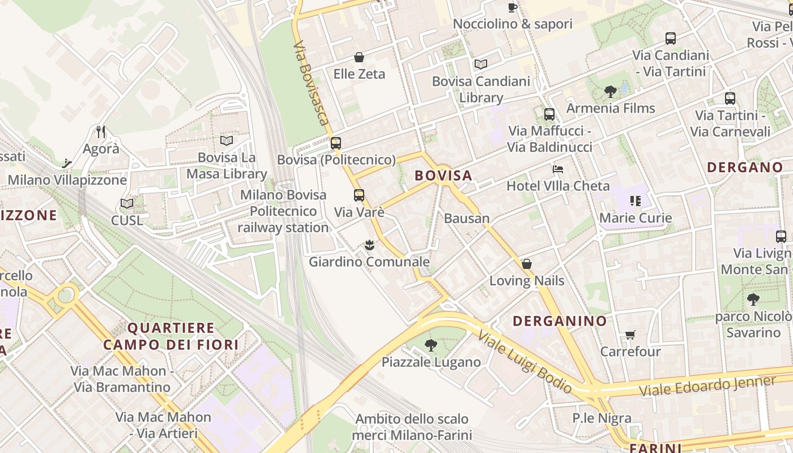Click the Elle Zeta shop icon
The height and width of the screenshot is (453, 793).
pos(359,57)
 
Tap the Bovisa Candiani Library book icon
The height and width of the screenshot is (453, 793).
pos(481,65)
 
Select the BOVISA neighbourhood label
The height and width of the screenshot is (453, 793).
pos(444,176)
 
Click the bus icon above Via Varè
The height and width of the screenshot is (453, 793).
pos(359,196)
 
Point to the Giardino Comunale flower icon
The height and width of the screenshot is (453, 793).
pos(369,245)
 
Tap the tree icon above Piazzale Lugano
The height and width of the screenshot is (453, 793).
pos(431,345)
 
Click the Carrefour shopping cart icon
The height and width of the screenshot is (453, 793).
pos(630,335)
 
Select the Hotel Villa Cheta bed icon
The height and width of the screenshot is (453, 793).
pos(558,169)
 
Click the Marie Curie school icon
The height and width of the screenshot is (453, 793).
pos(635,201)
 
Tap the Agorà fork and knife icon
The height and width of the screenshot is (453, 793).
pos(101,132)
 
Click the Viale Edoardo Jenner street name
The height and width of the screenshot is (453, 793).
pos(707,387)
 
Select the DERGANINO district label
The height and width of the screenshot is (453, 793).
pos(560,321)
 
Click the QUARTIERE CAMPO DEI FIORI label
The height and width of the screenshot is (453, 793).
pos(171,336)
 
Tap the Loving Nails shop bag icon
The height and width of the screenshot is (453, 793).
pos(527,264)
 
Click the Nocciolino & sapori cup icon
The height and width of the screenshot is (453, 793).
pos(513,7)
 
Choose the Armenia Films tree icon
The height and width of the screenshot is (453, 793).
pos(611,91)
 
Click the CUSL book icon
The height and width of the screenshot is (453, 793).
pos(127,204)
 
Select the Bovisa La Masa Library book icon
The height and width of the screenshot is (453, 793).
pos(227,140)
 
